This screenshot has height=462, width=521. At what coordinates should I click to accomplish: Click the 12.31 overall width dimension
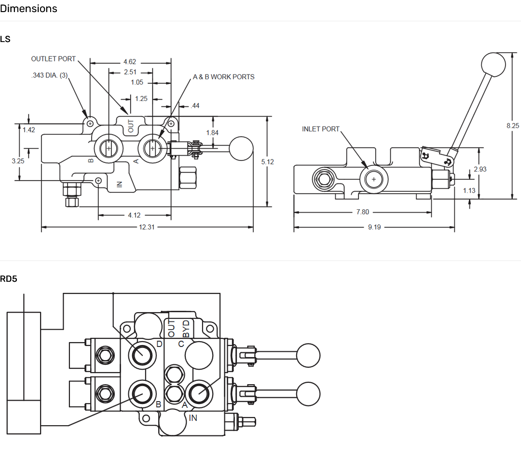coord(147,227)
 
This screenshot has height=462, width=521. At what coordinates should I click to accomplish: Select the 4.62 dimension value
coord(130,62)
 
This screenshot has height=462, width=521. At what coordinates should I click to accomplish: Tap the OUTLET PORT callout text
coord(54,59)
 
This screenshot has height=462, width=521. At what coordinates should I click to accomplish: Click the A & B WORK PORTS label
coord(223,77)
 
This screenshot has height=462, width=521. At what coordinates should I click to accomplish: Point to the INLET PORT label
coord(321,129)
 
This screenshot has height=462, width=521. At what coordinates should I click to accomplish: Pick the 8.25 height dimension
coord(512,126)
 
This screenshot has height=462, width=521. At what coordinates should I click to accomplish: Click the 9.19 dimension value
coord(374,227)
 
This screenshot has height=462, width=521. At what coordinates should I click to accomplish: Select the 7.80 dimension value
coord(362,212)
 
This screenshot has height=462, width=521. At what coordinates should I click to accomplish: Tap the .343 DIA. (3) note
coord(49,75)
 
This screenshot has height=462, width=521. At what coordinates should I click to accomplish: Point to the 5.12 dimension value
coord(267,162)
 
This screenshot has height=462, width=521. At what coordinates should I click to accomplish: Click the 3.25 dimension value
coord(18,161)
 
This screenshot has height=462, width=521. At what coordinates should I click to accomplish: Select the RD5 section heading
coord(9,279)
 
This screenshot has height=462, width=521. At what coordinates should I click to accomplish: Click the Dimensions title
coord(28,9)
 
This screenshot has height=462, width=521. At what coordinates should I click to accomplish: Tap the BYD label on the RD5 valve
coord(186,328)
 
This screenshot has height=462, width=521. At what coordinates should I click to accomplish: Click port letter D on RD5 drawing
coord(160,344)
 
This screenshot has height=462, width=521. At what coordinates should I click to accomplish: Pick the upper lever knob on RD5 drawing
coord(308,356)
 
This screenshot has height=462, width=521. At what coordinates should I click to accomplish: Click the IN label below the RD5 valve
coord(193,418)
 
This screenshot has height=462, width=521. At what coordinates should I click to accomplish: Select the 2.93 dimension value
coord(480,169)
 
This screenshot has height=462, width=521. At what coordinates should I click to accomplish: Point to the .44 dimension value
coord(195,106)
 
